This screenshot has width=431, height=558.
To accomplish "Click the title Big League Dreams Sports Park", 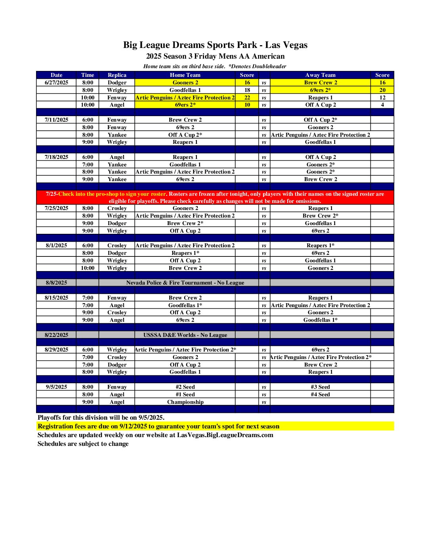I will pyautogui.click(x=215, y=45).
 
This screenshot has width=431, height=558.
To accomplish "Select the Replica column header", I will pyautogui.click(x=117, y=75).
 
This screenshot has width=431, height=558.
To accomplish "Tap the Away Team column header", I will pyautogui.click(x=320, y=75).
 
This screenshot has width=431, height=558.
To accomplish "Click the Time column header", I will pyautogui.click(x=88, y=75).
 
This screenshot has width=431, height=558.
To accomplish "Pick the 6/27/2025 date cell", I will pyautogui.click(x=56, y=82).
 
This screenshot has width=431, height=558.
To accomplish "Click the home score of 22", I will pyautogui.click(x=247, y=97).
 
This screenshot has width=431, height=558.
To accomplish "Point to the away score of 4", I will pyautogui.click(x=382, y=105).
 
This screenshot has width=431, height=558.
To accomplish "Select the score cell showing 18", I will pyautogui.click(x=247, y=90).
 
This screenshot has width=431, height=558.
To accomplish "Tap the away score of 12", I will pyautogui.click(x=382, y=97).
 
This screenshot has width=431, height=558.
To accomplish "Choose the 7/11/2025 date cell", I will pyautogui.click(x=56, y=120).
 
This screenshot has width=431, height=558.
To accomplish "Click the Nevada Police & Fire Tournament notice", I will pyautogui.click(x=185, y=283).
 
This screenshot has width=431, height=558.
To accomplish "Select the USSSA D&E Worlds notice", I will pyautogui.click(x=185, y=335).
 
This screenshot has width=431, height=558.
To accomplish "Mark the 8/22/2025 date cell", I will pyautogui.click(x=56, y=335).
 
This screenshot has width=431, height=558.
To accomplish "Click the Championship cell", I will pyautogui.click(x=185, y=402).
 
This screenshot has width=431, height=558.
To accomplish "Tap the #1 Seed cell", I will pyautogui.click(x=185, y=394).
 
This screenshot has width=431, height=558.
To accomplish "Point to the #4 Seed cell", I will pyautogui.click(x=320, y=394).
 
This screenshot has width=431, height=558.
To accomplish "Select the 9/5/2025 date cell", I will pyautogui.click(x=56, y=387).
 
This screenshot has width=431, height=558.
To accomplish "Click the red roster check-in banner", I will pyautogui.click(x=215, y=197).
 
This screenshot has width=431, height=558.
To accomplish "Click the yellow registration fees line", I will pyautogui.click(x=158, y=426).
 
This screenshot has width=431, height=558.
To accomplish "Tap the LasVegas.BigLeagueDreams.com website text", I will pyautogui.click(x=225, y=435).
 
